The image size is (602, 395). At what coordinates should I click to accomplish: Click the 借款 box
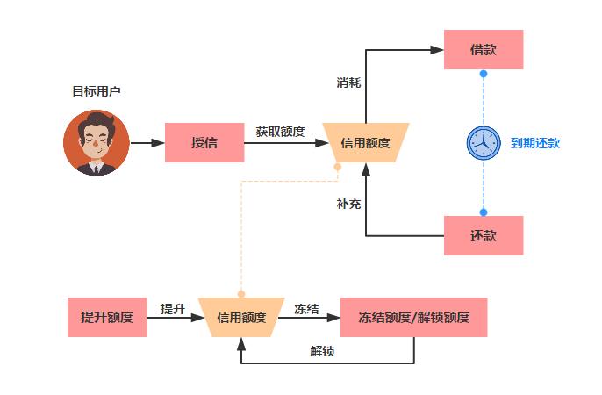483,49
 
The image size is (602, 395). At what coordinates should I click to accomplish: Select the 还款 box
483,235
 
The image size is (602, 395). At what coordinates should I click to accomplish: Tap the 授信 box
204,142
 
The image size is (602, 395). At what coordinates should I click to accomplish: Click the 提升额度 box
106,317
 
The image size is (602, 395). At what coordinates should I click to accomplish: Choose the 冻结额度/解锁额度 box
413,317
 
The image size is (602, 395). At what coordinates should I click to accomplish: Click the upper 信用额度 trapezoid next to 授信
365,142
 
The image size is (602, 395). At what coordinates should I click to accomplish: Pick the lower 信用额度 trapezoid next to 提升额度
240,317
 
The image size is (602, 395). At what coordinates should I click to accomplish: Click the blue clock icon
482,142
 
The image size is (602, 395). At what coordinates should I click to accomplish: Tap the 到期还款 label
534,143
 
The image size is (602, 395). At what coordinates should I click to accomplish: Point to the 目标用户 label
96,91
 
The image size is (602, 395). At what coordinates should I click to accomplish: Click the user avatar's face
96,139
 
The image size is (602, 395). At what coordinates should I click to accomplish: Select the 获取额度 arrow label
281,132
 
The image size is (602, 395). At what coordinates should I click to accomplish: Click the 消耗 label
348,83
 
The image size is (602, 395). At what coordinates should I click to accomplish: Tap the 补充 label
348,204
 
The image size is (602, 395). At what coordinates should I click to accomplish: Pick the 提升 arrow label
172,308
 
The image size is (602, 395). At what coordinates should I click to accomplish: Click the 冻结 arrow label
306,308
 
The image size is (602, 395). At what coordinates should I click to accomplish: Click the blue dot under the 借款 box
483,74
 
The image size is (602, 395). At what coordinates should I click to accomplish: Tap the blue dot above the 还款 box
483,212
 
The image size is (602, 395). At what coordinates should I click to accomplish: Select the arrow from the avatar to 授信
147,142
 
